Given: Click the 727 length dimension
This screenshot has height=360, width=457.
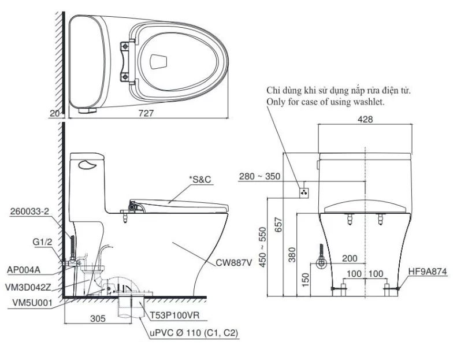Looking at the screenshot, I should tap(146, 114).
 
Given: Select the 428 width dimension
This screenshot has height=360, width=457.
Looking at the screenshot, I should tap(365, 119).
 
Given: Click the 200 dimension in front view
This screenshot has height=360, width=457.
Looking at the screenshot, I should tap(349, 259).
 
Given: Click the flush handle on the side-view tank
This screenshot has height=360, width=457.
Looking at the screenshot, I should tap(87, 165).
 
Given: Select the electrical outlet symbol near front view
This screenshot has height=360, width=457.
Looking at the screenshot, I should tap(304, 191).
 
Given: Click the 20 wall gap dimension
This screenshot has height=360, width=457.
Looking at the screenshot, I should tap(54, 114).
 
